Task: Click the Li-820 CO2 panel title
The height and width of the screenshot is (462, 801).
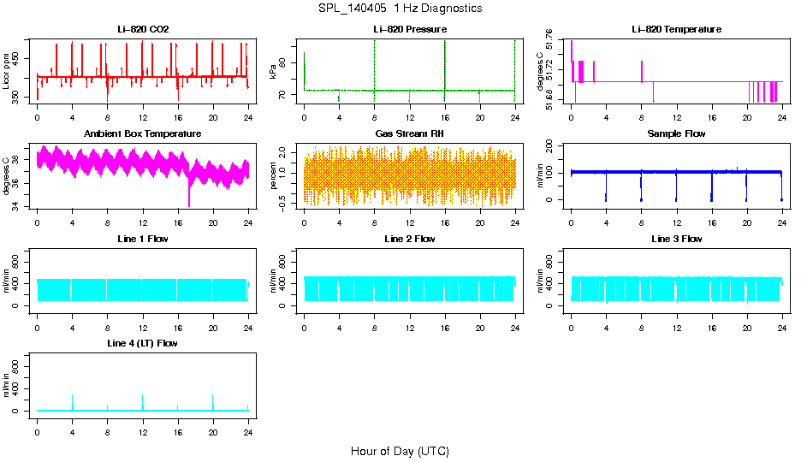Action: click(x=143, y=30)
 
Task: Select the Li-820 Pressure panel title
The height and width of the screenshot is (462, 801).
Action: click(x=409, y=30)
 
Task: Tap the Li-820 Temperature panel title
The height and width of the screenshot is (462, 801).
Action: click(x=676, y=30)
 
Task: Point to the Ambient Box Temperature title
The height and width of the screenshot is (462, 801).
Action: click(x=143, y=134)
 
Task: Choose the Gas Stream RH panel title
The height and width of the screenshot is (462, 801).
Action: click(x=409, y=134)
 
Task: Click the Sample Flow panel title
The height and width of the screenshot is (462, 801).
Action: click(x=676, y=134)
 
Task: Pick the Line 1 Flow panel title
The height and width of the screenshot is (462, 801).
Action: click(x=143, y=239)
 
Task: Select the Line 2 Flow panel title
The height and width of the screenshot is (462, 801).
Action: click(x=409, y=239)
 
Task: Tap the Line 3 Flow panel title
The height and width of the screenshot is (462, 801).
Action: click(x=676, y=239)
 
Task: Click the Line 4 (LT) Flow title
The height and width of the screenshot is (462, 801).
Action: click(x=143, y=343)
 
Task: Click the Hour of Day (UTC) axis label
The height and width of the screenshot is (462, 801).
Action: click(x=400, y=451)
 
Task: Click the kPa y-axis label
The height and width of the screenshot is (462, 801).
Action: click(x=274, y=71)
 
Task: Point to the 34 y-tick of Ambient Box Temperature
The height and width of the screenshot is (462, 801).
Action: click(x=20, y=206)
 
